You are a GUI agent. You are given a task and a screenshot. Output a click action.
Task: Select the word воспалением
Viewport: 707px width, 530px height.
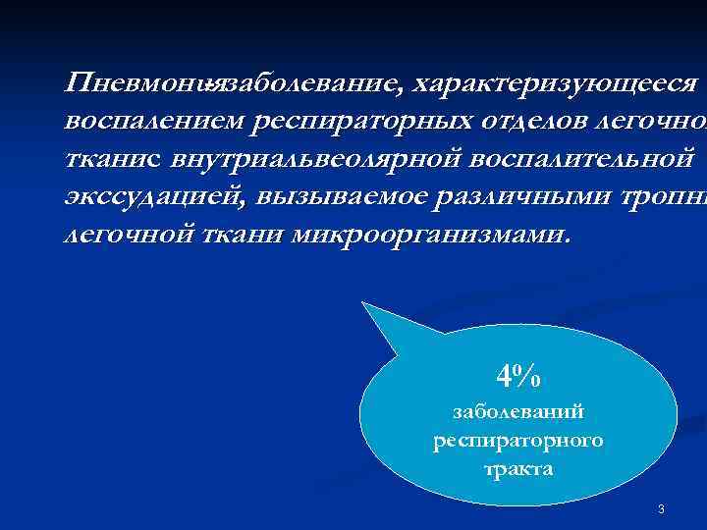click(x=154, y=122)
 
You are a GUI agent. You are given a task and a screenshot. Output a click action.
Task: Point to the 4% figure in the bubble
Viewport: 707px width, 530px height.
click(x=518, y=375)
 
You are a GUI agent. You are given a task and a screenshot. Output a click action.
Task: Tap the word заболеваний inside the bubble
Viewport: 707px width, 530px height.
click(x=518, y=413)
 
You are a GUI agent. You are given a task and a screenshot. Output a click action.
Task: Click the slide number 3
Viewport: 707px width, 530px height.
click(x=661, y=508)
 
